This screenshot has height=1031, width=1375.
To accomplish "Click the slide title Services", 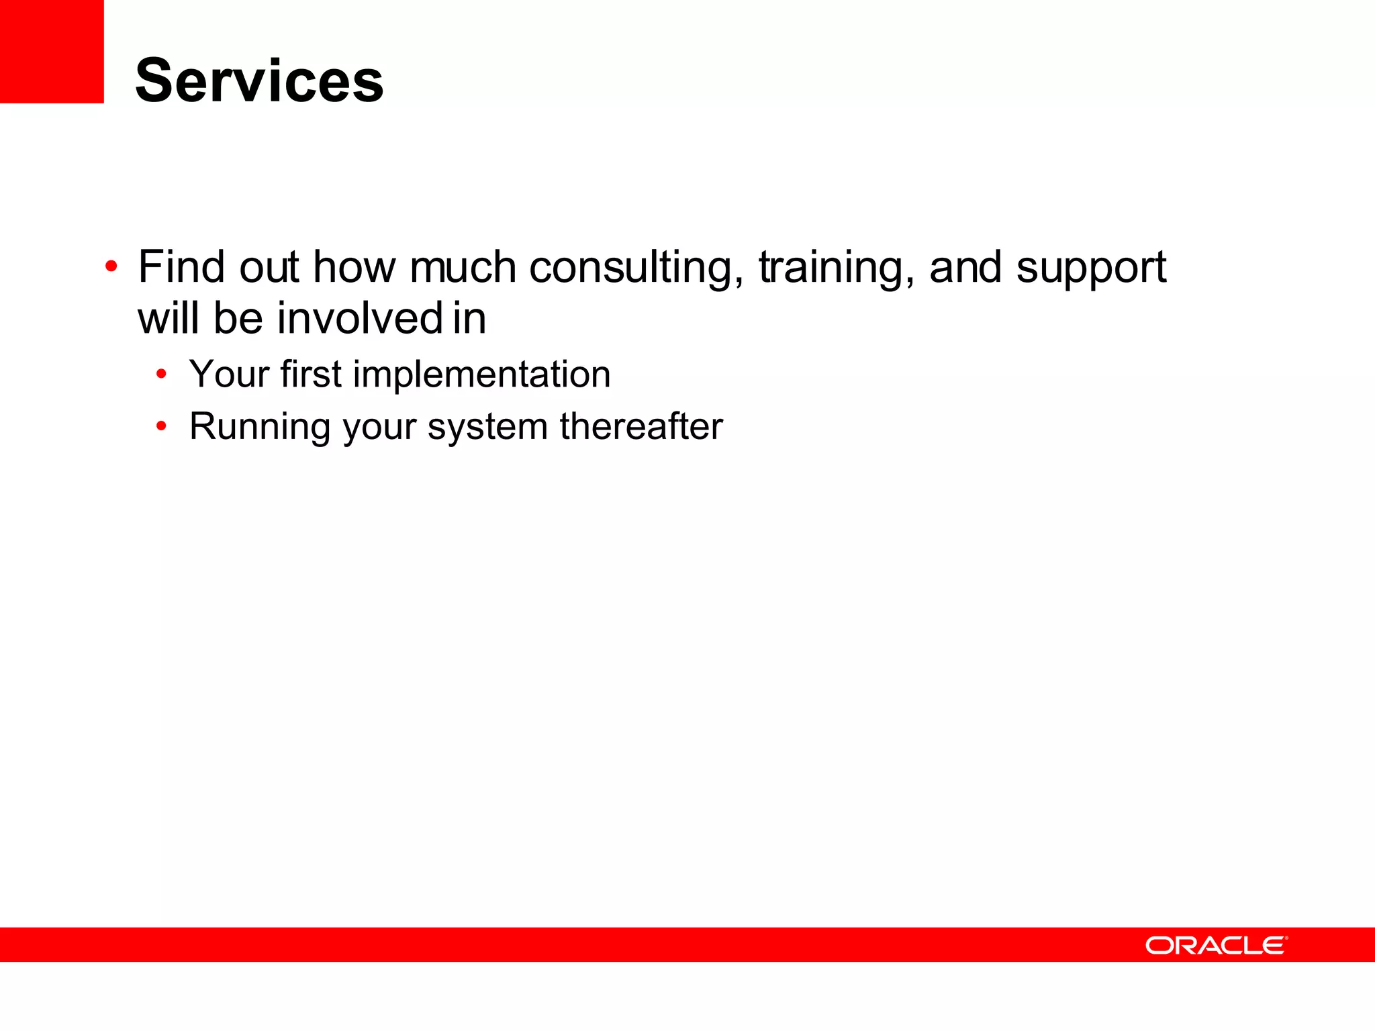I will coord(259,81).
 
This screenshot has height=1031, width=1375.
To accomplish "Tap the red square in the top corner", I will coord(52,51).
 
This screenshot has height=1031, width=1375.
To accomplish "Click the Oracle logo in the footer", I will coord(1217,945).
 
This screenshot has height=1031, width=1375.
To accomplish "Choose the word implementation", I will coord(481,374).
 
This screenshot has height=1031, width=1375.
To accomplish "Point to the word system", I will coord(487,428).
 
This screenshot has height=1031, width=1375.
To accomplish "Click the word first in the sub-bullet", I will coord(311,374).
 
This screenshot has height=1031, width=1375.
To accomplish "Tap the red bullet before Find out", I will coord(111,266).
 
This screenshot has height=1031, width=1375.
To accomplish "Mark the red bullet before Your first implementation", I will coord(161,374).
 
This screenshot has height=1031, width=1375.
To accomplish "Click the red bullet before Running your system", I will coord(161,426).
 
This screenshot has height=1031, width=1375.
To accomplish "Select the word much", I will coord(463,266).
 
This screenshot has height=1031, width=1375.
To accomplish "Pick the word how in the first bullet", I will coord(354,266).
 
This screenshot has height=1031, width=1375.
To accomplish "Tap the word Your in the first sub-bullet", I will coord(229,374).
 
